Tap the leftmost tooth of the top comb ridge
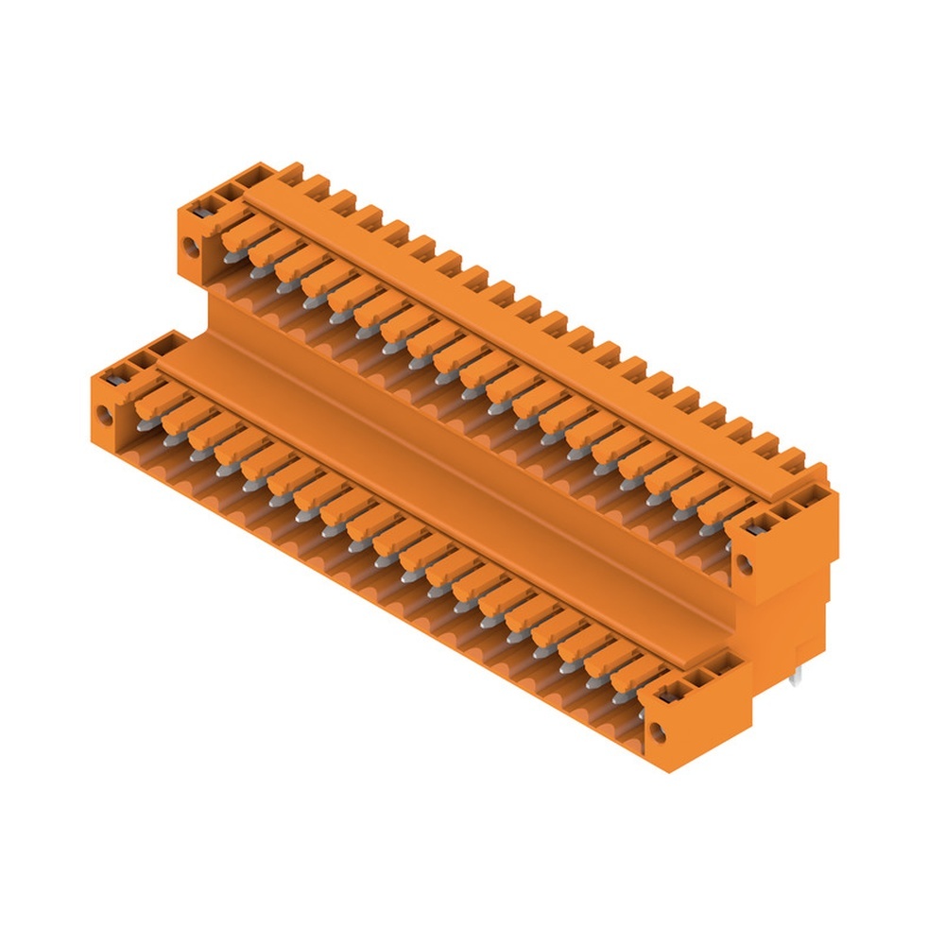tap(290, 173)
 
